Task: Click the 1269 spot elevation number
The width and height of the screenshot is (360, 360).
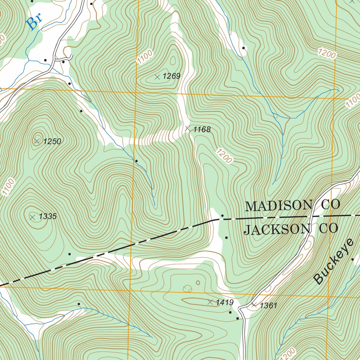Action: pyautogui.click(x=172, y=76)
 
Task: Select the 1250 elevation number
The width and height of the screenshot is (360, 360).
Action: pyautogui.click(x=52, y=141)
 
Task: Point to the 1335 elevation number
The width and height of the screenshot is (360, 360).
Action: pyautogui.click(x=47, y=217)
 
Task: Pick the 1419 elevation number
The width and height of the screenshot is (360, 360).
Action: pyautogui.click(x=225, y=302)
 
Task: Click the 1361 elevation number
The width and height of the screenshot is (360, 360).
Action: pyautogui.click(x=269, y=306)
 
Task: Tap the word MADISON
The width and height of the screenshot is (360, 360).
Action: pyautogui.click(x=278, y=206)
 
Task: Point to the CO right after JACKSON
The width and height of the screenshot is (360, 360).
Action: pyautogui.click(x=328, y=229)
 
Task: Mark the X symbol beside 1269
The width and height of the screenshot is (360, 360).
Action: pyautogui.click(x=157, y=77)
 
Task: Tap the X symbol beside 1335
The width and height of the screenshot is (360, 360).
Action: pyautogui.click(x=33, y=217)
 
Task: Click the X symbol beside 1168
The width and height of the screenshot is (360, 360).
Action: pyautogui.click(x=187, y=129)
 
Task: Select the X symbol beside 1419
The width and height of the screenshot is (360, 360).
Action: pyautogui.click(x=210, y=302)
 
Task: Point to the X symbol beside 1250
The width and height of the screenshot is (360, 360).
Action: pyautogui.click(x=37, y=141)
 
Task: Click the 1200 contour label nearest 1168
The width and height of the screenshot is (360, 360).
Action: pyautogui.click(x=224, y=156)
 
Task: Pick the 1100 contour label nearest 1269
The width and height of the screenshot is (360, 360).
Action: pyautogui.click(x=145, y=57)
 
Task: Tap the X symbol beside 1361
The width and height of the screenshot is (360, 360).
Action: pyautogui.click(x=254, y=305)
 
